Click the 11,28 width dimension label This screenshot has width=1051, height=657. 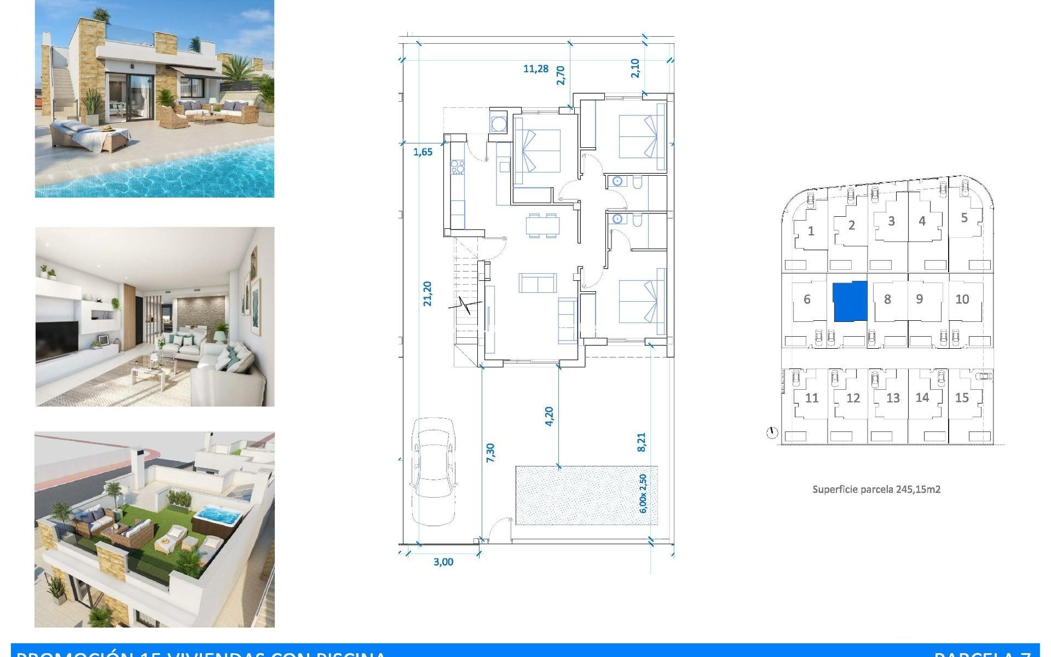pos(535,69)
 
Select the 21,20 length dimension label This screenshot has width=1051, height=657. pos(428,293)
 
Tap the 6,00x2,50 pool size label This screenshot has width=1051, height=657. pos(643,494)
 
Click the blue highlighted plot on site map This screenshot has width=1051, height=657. pos(850,301)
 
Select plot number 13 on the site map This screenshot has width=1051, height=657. pos(893,398)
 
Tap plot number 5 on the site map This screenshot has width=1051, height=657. pos(964,218)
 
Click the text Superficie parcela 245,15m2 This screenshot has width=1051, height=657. pos(876,489)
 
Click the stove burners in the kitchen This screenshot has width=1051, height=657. pos(458,166)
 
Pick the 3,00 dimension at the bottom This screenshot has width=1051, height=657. pos(443,562)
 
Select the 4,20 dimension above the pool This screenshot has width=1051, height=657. pos(549,416)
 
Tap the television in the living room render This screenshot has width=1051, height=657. pos(57,341)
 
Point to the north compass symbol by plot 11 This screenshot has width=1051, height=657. pos(772,433)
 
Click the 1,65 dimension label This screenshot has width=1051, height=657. pos(423,152)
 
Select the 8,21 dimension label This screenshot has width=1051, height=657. pos(642,442)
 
